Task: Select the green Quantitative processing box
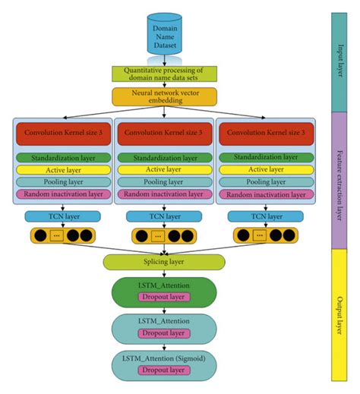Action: pos(164,74)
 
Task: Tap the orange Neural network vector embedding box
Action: pos(164,96)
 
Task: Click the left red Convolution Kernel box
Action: pos(62,134)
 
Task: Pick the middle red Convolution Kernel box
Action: pos(164,134)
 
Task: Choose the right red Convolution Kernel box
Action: pos(266,134)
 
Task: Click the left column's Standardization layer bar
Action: pos(62,158)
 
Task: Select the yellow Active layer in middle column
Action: pos(164,170)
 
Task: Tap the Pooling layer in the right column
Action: pos(266,183)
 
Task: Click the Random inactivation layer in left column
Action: pos(62,195)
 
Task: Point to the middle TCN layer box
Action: pos(164,216)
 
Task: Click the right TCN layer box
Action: pos(266,216)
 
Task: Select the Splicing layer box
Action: pos(164,262)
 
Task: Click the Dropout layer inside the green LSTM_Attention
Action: pos(164,297)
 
